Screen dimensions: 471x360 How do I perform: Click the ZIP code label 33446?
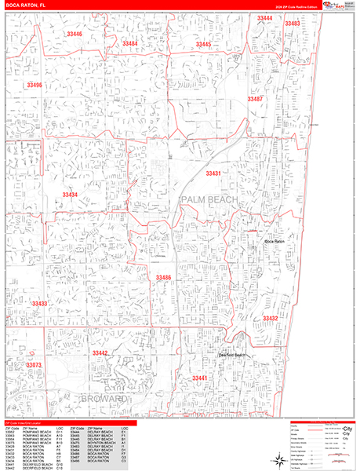(x=75, y=35)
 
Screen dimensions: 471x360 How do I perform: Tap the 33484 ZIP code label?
(x=130, y=44)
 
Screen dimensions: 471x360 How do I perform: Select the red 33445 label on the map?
(x=203, y=45)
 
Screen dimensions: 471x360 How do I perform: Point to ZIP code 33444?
(x=265, y=18)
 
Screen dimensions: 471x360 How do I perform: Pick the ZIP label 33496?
(x=35, y=84)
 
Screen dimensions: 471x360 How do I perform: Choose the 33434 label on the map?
(x=71, y=195)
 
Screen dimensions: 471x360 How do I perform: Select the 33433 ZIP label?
(x=39, y=303)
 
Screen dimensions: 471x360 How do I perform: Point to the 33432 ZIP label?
(x=270, y=318)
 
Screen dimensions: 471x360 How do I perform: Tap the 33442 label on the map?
(x=100, y=354)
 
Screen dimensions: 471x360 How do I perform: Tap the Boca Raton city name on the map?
(x=274, y=241)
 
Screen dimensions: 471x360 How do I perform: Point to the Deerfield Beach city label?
(x=233, y=356)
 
